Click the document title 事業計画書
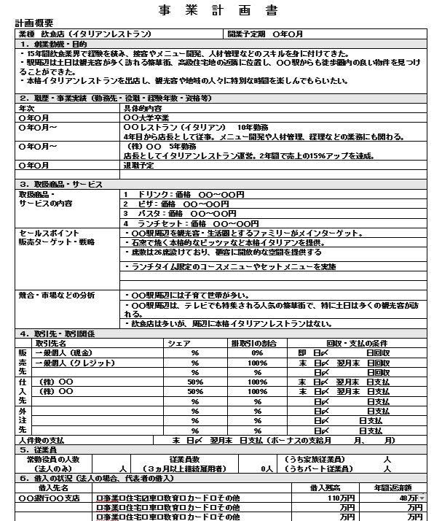216,10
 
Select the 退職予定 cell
141,166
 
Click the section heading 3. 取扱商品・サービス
61,185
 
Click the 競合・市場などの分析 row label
57,295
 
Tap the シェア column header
180,342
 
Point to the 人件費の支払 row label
42,440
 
